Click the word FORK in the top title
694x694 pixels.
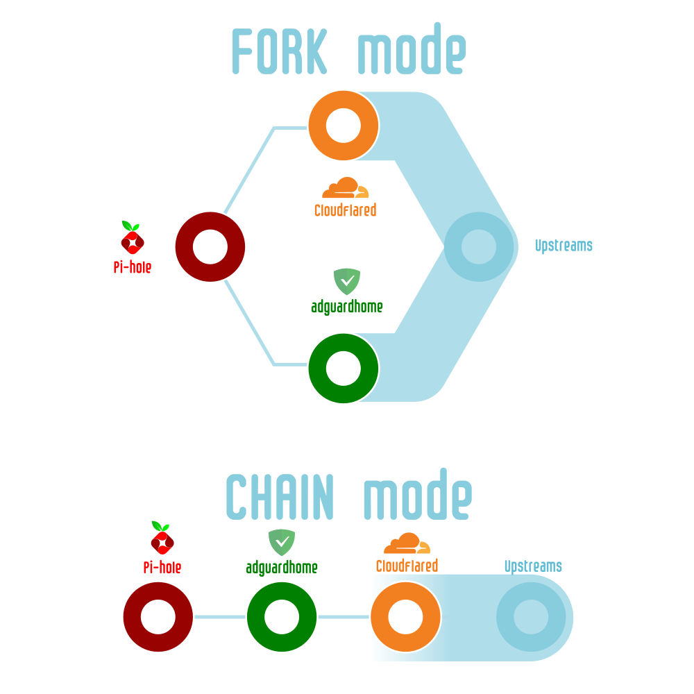pyautogui.click(x=279, y=52)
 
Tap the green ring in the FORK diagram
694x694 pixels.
pyautogui.click(x=344, y=368)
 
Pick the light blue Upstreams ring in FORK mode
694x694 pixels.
pyautogui.click(x=478, y=247)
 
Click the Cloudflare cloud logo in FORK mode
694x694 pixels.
pyautogui.click(x=345, y=189)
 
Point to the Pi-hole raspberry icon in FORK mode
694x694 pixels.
pyautogui.click(x=132, y=238)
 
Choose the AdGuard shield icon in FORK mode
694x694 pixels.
pyautogui.click(x=348, y=282)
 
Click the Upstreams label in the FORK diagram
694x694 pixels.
pyautogui.click(x=564, y=245)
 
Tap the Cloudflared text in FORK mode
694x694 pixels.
pyautogui.click(x=345, y=210)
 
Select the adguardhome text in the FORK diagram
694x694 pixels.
pyautogui.click(x=346, y=306)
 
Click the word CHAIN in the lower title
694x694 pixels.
pyautogui.click(x=280, y=497)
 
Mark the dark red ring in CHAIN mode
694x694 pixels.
pyautogui.click(x=158, y=617)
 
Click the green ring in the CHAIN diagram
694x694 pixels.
pyautogui.click(x=282, y=617)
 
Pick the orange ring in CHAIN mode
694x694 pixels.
pyautogui.click(x=405, y=618)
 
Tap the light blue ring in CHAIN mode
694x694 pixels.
pyautogui.click(x=531, y=618)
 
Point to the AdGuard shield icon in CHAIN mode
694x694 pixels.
pyautogui.click(x=282, y=542)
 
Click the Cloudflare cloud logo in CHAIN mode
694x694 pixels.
pyautogui.click(x=407, y=543)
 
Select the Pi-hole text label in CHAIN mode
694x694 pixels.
pyautogui.click(x=162, y=568)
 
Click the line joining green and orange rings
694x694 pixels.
pyautogui.click(x=343, y=616)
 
